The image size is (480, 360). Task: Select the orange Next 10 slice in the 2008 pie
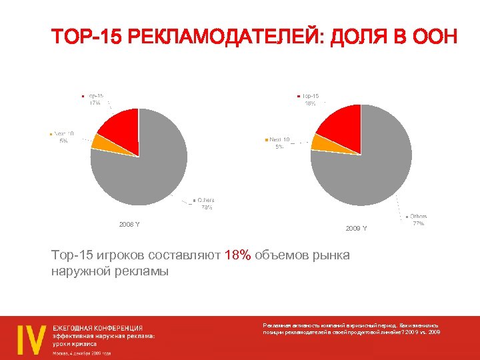tap(99, 141)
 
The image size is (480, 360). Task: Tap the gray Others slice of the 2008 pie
tap(147, 167)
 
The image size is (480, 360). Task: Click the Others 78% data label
tap(205, 203)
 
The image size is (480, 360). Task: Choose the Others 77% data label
tap(418, 220)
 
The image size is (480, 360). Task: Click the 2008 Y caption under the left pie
tap(129, 224)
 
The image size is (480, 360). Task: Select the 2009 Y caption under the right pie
tap(356, 229)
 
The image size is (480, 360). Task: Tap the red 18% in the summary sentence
tap(238, 256)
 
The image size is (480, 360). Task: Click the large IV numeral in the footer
tap(31, 339)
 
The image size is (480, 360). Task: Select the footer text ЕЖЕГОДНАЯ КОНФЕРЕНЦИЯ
tap(98, 327)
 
